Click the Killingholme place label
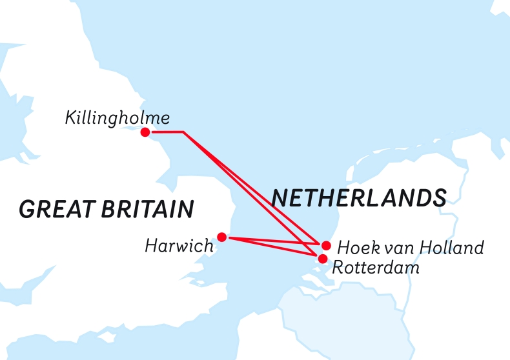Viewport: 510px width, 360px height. click(x=117, y=118)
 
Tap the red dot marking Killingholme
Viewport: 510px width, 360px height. click(x=145, y=132)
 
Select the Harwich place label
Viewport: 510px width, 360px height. click(x=179, y=246)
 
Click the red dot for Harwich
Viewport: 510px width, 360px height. click(x=222, y=237)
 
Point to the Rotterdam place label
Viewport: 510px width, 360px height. click(x=376, y=267)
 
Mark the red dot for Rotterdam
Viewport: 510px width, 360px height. click(x=321, y=259)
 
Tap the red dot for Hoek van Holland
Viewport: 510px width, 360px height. click(x=327, y=245)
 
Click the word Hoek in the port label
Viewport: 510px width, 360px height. click(x=354, y=247)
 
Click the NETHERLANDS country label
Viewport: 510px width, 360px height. click(x=359, y=198)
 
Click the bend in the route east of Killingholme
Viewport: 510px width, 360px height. click(x=184, y=132)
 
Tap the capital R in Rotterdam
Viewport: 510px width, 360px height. click(x=337, y=267)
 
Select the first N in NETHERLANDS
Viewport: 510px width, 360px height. click(x=280, y=198)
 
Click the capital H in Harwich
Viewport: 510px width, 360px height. click(x=151, y=246)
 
